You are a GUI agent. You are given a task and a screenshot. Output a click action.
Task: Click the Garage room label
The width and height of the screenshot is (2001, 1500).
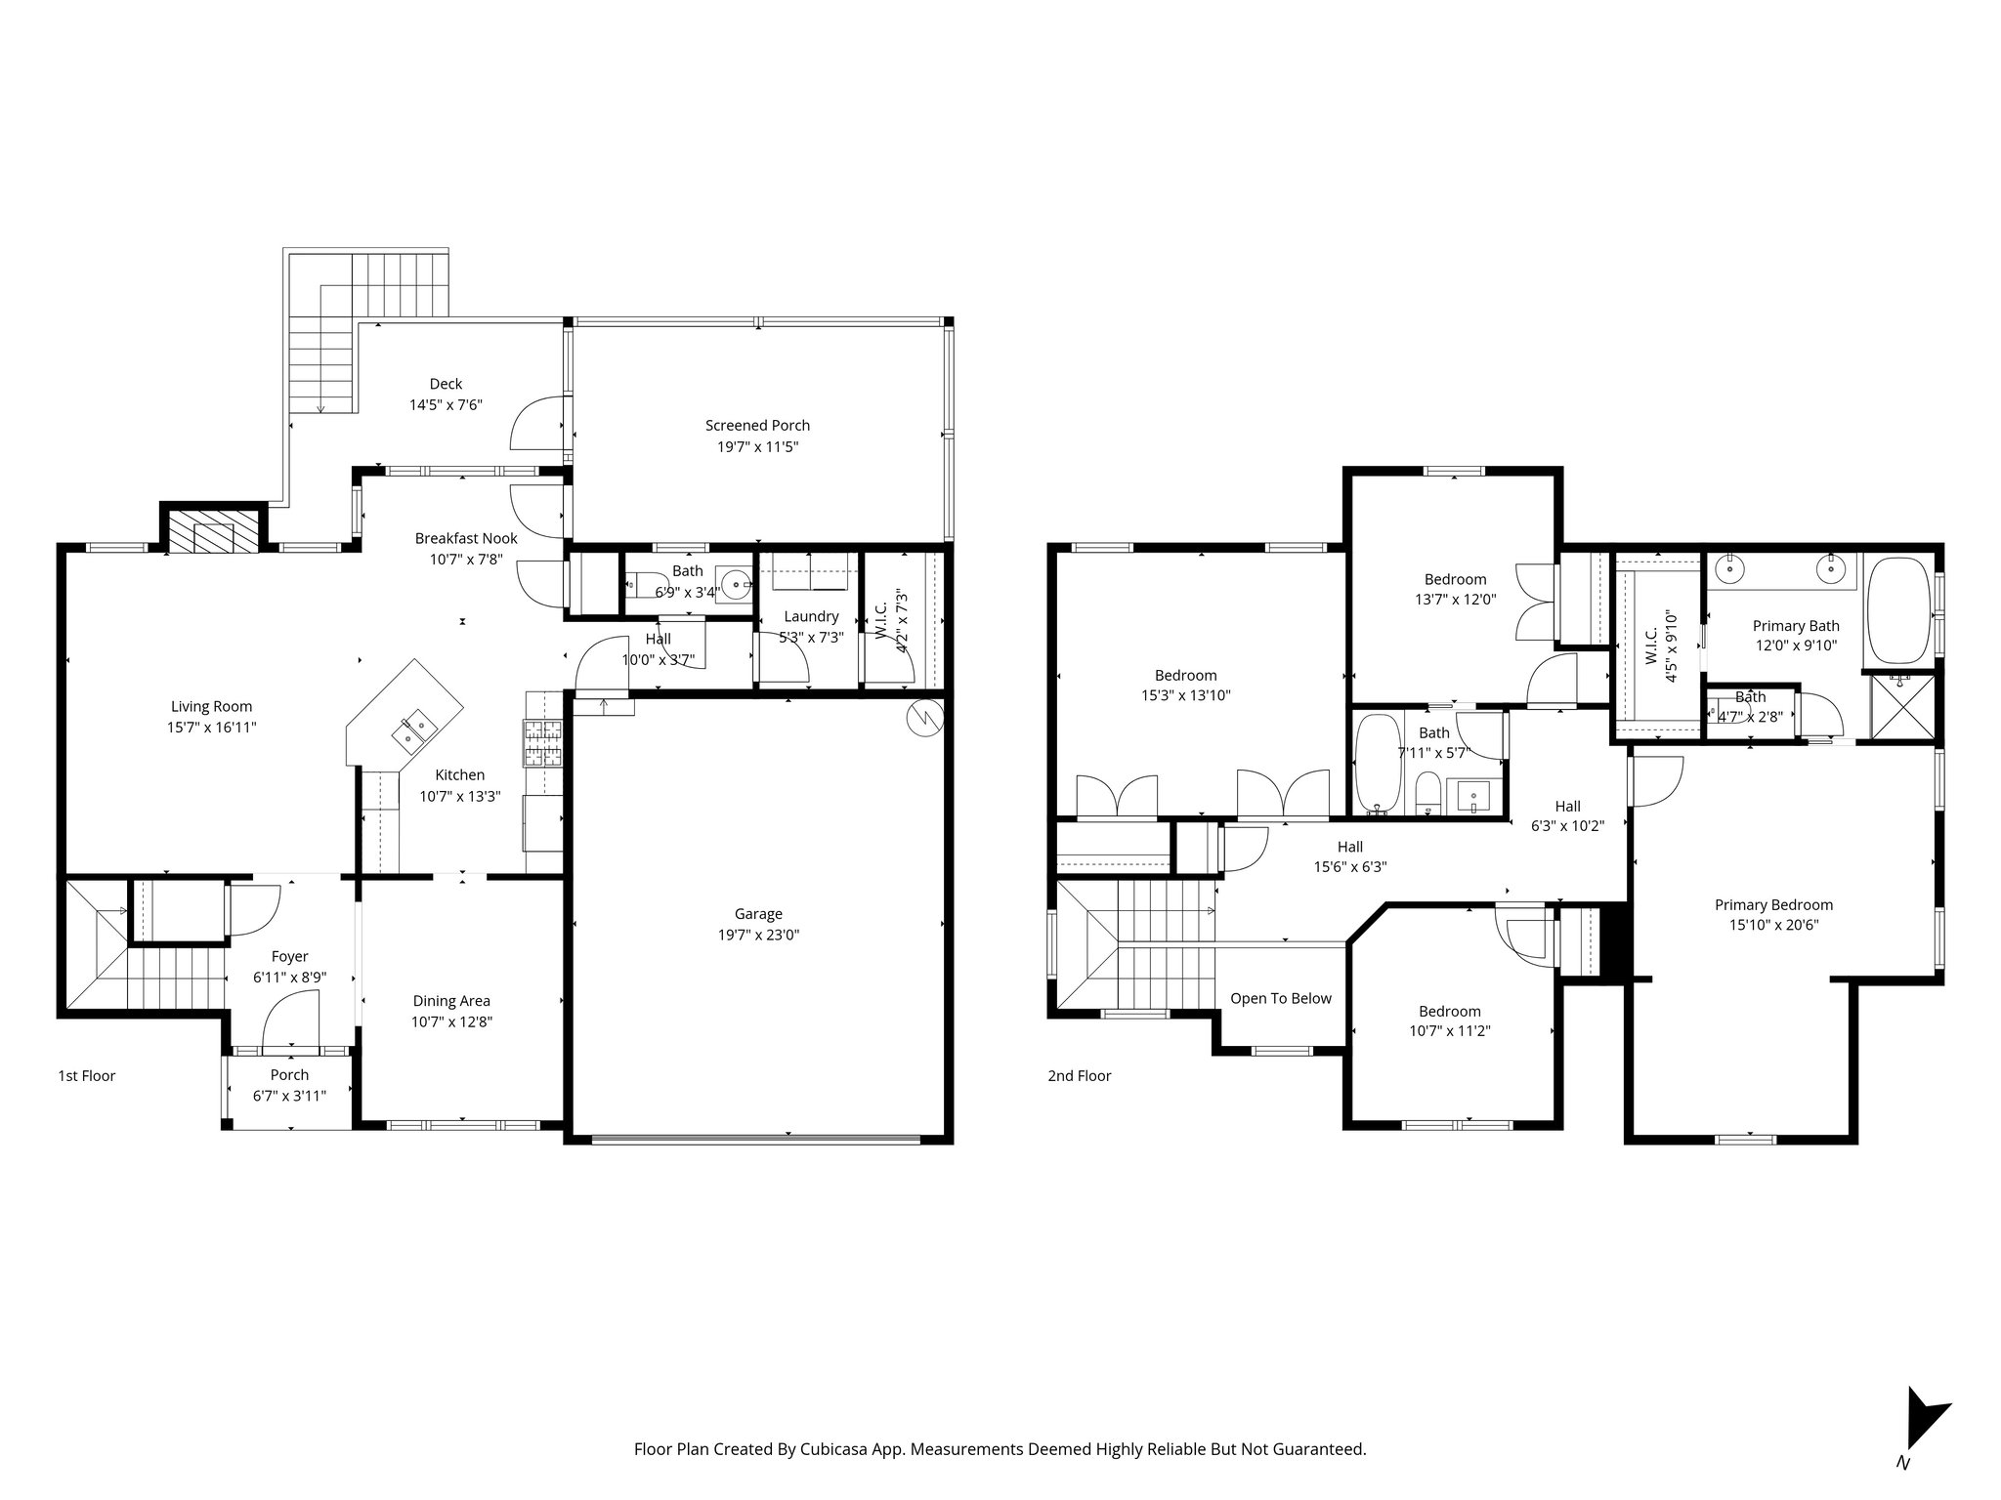pos(758,914)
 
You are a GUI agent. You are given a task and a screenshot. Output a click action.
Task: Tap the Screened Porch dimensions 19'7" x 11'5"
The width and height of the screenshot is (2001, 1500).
pos(757,447)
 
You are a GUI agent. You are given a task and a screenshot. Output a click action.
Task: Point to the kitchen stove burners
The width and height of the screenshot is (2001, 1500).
pos(544,743)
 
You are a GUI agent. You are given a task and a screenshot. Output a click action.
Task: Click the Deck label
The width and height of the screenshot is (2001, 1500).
pos(446,384)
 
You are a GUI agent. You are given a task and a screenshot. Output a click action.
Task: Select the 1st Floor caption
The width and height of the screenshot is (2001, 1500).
pos(86,1076)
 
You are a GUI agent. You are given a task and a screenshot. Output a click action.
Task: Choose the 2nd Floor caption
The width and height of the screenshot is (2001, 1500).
pos(1080,1076)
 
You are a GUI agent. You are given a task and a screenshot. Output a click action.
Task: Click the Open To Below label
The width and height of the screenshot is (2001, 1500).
pos(1280,998)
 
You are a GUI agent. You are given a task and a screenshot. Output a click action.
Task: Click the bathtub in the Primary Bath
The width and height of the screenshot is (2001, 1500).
pos(1899,610)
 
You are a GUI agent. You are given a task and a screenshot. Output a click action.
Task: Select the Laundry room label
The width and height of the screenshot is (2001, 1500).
pos(811,616)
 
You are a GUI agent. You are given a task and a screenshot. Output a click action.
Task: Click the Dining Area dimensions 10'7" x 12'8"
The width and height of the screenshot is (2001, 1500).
pos(451,1022)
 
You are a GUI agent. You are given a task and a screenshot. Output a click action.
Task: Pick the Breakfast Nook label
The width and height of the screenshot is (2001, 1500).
pos(466,538)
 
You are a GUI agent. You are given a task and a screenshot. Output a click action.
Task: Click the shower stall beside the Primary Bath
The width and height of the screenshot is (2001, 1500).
pos(1898,707)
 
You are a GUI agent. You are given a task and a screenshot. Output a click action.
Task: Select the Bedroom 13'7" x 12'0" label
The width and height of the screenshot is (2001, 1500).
pos(1455,579)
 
